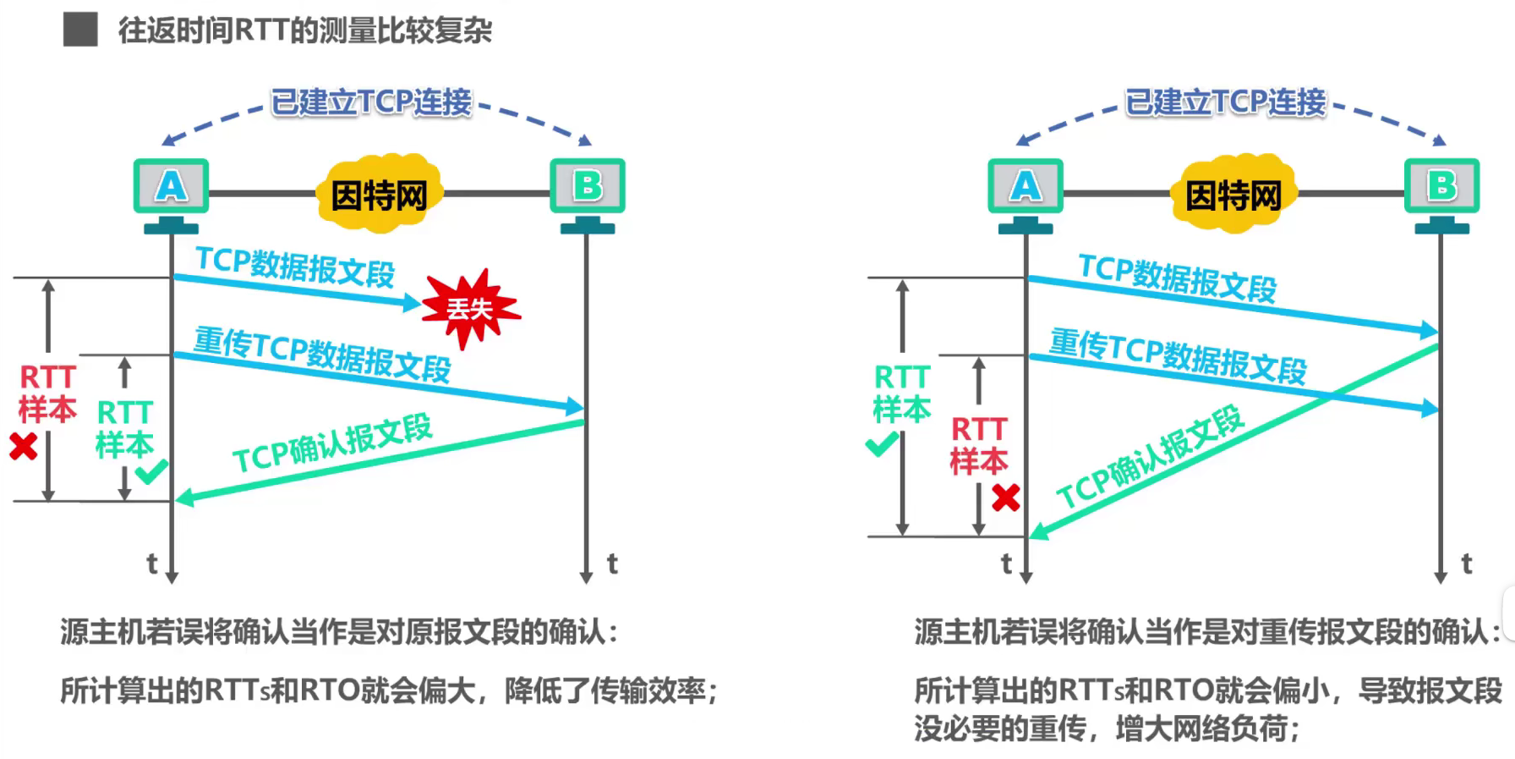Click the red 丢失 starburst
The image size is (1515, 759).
coord(470,308)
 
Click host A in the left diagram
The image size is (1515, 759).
coord(171,186)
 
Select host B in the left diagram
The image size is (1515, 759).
coord(588,186)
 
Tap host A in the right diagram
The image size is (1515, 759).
coord(1025,186)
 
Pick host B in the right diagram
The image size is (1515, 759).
coord(1441,186)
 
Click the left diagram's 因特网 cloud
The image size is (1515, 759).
coord(380,195)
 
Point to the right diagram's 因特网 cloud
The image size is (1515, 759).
coord(1233,195)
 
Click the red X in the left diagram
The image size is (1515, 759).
coord(24,446)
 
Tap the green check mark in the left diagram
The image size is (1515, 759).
coord(151,470)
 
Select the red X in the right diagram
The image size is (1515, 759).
coord(1005,498)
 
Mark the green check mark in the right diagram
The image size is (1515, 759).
coord(881,443)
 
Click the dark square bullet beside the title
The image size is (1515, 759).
coord(80,30)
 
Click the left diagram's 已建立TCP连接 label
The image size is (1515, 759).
coord(371,102)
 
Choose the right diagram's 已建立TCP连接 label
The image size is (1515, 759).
coord(1226,102)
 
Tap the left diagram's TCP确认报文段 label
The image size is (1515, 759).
coord(332,443)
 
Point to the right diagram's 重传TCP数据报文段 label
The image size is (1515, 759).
coord(1178,356)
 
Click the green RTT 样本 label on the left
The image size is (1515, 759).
coord(124,429)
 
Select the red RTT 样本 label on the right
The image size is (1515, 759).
coord(979,445)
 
